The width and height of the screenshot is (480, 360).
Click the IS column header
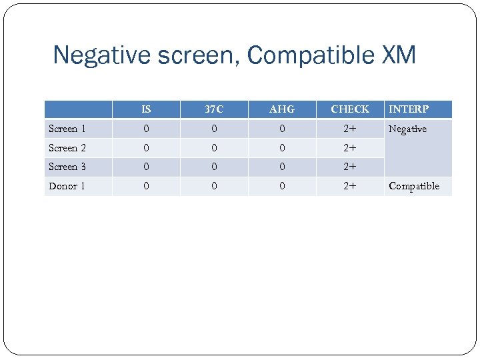click(146, 109)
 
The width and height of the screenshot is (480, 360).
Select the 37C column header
click(214, 109)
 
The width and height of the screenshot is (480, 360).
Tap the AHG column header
click(282, 109)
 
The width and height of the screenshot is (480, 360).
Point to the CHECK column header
click(350, 109)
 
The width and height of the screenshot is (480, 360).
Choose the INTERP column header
click(409, 109)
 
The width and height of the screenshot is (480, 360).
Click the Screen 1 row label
click(67, 129)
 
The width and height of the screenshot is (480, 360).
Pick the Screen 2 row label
click(67, 148)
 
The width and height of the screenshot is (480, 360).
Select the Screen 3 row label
click(67, 167)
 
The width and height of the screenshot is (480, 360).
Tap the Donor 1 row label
click(67, 186)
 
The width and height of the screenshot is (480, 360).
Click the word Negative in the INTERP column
click(407, 129)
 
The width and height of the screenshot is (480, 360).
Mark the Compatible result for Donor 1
click(414, 186)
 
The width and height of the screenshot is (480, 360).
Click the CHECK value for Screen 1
click(350, 129)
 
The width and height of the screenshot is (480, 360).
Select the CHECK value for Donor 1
click(350, 186)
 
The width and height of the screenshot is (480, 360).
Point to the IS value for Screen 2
click(146, 148)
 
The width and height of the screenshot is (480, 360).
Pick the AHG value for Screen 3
click(282, 167)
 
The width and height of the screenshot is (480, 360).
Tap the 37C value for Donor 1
click(214, 186)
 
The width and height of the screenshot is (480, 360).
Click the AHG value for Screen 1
click(282, 129)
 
